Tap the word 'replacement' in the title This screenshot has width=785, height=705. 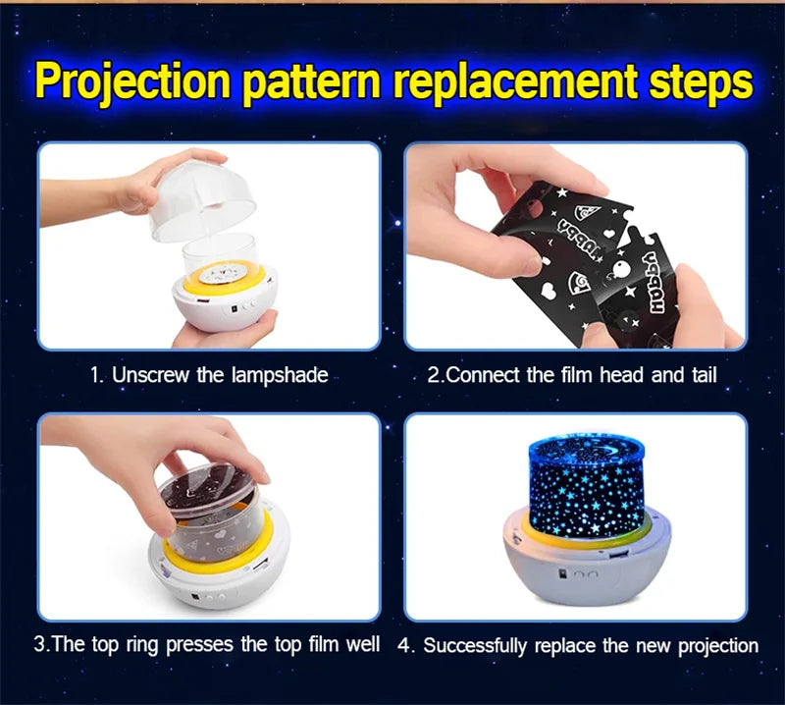[515, 81]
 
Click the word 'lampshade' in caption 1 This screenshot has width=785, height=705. [280, 375]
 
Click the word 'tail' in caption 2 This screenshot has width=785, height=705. [704, 375]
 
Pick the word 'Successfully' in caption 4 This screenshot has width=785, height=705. [475, 646]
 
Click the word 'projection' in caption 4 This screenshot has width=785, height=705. [718, 646]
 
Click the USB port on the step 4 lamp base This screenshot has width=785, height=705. [619, 555]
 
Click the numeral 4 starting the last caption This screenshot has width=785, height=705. [403, 646]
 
